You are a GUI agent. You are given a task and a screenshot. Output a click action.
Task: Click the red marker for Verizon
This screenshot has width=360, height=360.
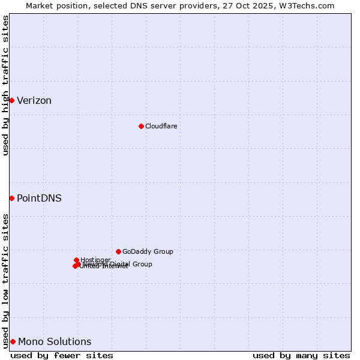point(11,100)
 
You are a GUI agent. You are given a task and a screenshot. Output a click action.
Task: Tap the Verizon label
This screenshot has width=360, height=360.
point(34,101)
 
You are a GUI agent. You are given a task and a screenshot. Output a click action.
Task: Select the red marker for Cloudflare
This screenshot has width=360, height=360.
point(141,126)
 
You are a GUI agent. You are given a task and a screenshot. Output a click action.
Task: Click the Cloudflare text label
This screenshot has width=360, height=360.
point(161,126)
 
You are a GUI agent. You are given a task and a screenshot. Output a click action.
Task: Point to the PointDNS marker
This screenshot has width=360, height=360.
point(11,198)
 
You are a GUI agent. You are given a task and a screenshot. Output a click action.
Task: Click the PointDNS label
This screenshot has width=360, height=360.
point(39,199)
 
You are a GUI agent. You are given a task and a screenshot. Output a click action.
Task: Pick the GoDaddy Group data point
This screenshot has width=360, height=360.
point(118,251)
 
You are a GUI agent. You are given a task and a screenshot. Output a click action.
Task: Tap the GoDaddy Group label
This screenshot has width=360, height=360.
point(148,252)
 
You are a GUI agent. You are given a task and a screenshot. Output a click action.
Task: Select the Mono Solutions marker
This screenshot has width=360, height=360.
point(13,341)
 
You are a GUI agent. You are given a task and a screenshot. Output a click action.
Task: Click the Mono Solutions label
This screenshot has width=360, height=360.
point(55,342)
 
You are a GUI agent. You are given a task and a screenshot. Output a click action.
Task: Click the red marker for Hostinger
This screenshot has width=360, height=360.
point(76,260)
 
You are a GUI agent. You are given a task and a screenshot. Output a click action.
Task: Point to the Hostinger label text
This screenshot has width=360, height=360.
point(95,260)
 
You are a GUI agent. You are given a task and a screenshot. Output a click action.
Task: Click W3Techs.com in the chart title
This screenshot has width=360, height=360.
point(310,5)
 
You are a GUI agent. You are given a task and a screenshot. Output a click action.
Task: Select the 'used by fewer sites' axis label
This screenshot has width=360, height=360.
point(62,355)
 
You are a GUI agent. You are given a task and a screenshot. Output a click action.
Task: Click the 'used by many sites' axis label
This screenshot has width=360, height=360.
point(301,355)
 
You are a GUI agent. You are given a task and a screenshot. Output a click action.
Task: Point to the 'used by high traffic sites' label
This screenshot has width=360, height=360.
point(5,85)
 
